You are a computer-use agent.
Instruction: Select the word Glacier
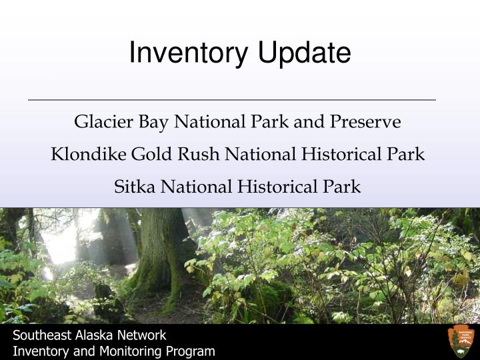tap(99, 122)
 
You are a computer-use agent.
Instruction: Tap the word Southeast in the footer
tap(41, 335)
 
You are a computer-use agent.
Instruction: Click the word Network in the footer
tap(143, 335)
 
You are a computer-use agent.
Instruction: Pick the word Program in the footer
tap(192, 351)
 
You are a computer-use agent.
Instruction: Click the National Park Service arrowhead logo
tap(461, 341)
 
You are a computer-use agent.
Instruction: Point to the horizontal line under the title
tap(231, 100)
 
